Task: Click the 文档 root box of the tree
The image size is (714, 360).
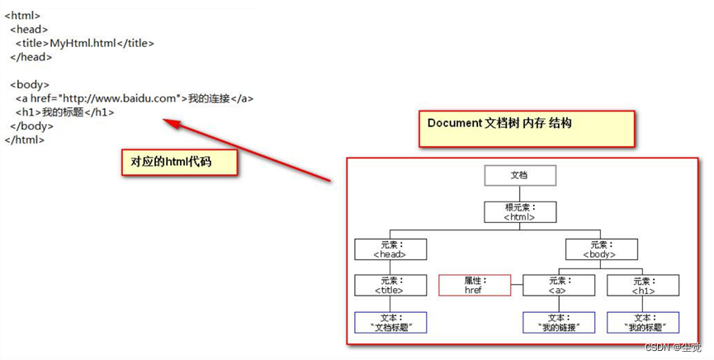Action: pos(519,176)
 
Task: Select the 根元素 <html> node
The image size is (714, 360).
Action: pos(519,212)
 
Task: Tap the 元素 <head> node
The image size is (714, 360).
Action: pos(390,249)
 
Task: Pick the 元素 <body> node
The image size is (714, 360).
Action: pos(601,249)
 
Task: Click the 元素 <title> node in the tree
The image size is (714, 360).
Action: pos(390,286)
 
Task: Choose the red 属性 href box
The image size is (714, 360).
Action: pos(474,286)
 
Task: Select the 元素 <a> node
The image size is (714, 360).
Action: pos(558,286)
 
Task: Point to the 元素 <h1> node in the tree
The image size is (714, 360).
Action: pos(643,286)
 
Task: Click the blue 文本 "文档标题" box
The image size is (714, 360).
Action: pos(390,322)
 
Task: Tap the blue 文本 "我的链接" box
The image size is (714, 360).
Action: pos(558,322)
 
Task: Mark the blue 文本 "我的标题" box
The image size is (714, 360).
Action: pos(643,322)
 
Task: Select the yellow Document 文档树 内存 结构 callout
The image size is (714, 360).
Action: pos(526,127)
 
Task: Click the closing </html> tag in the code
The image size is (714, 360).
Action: pos(25,140)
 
